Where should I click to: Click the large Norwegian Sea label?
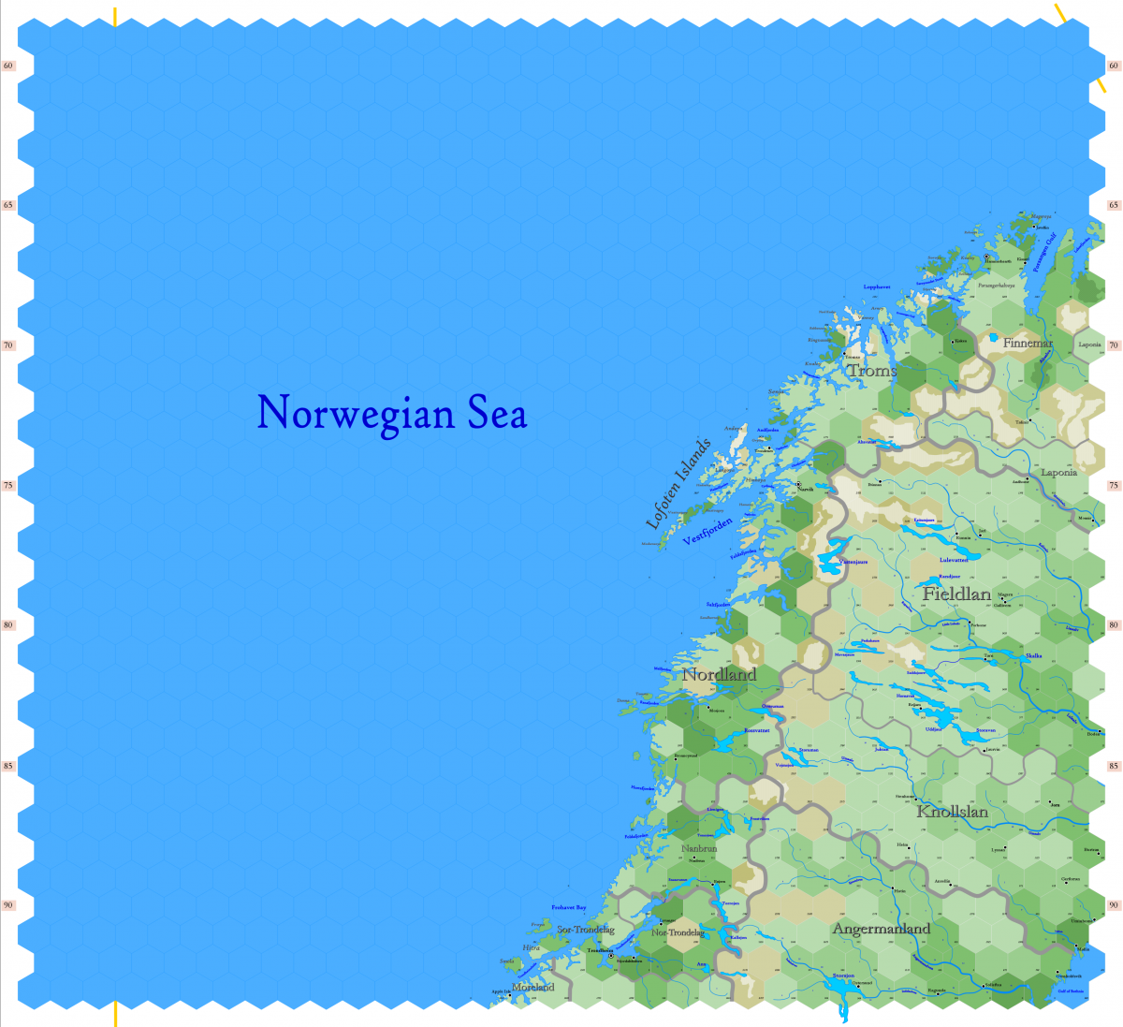(x=392, y=413)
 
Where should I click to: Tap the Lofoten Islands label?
(x=679, y=484)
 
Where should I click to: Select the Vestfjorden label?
(x=707, y=531)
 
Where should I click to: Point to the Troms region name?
(x=872, y=371)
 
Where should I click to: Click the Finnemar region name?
(x=1028, y=344)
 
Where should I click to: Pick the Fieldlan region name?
(x=956, y=594)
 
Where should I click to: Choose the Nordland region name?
(x=719, y=675)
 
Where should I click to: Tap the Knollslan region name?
(x=952, y=812)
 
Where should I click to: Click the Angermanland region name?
(x=881, y=929)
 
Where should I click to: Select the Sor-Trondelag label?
(x=585, y=930)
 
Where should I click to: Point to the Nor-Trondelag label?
(x=678, y=932)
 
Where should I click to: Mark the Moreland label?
(x=533, y=987)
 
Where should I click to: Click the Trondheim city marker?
(x=611, y=955)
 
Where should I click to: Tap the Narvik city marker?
(x=798, y=484)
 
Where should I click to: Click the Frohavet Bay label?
(x=568, y=907)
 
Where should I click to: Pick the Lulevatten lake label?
(x=954, y=560)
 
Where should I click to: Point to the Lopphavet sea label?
(x=877, y=286)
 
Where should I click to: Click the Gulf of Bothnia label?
(x=1070, y=990)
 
